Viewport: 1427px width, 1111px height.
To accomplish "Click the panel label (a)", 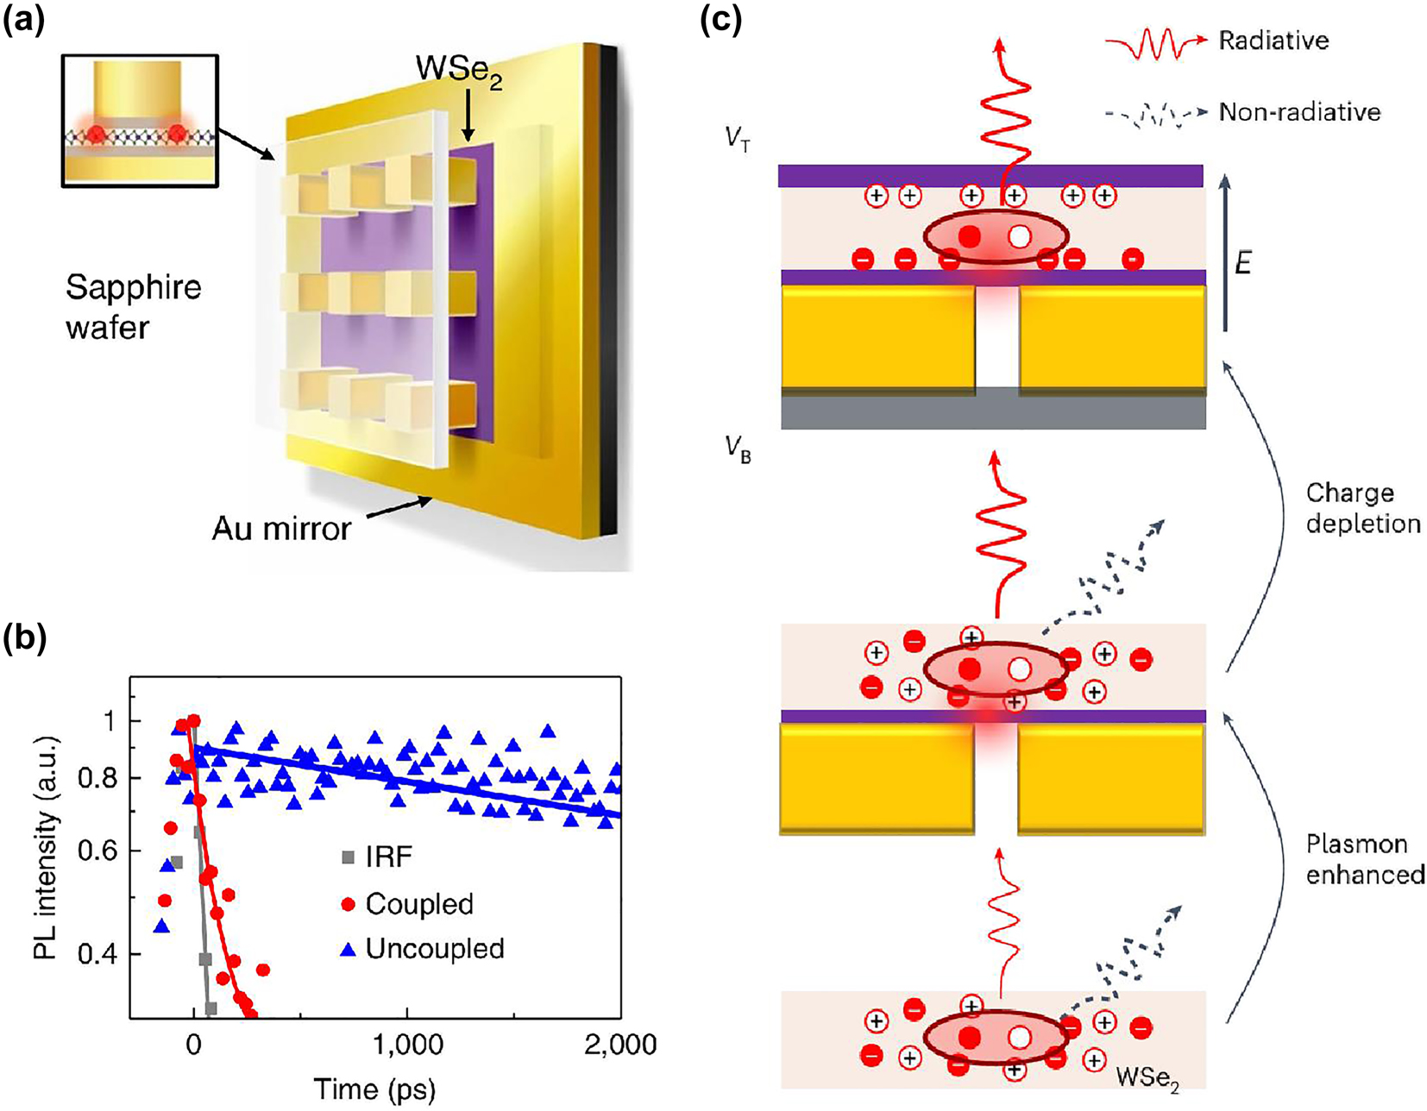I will tap(23, 19).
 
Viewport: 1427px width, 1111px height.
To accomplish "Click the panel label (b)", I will tap(23, 638).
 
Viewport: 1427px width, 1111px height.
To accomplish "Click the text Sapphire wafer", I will tap(133, 307).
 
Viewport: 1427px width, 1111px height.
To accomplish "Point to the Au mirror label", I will tap(281, 528).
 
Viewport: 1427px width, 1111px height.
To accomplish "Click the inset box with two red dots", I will tap(140, 121).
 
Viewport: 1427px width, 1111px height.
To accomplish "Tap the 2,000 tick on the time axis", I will tap(619, 1045).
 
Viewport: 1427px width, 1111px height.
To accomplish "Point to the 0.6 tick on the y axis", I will tap(98, 851).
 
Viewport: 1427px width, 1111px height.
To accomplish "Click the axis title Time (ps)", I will tap(374, 1089).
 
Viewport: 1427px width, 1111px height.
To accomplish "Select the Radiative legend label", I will tap(1273, 41).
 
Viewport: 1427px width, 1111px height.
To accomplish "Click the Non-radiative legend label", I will tap(1299, 112).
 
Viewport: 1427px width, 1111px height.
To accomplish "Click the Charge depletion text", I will tap(1362, 508).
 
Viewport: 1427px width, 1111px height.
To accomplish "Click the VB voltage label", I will tap(739, 451).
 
